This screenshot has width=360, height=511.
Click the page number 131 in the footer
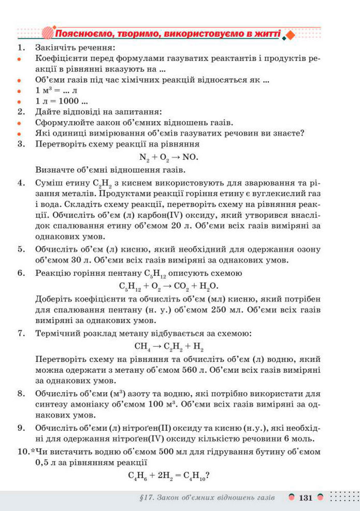click(306, 498)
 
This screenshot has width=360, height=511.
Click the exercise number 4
click(21, 183)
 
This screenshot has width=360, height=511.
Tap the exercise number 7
click(21, 333)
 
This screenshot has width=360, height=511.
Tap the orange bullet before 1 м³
click(19, 91)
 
